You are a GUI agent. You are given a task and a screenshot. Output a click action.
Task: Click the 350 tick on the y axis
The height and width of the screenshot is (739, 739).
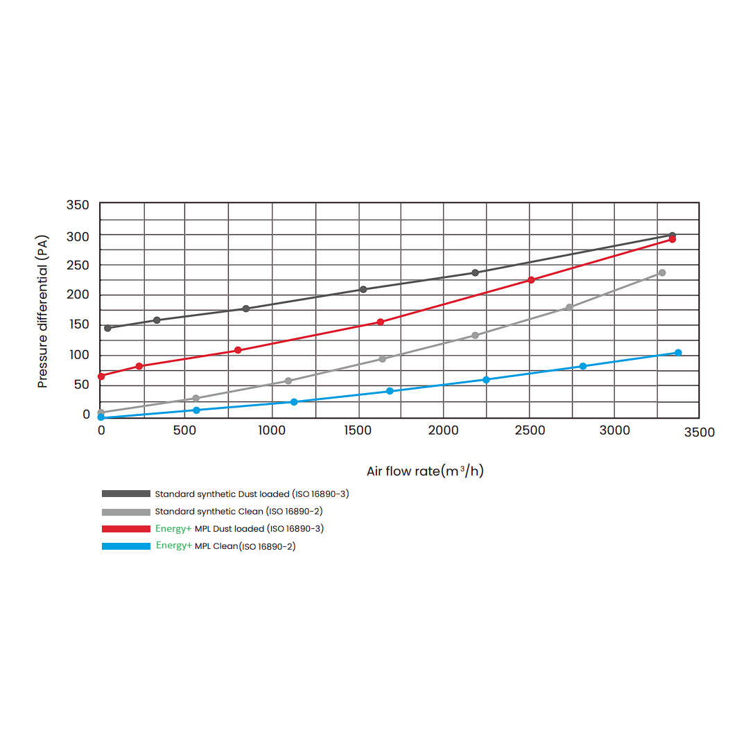tap(78, 205)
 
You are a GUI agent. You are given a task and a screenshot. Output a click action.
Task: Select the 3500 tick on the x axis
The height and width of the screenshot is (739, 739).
tap(699, 433)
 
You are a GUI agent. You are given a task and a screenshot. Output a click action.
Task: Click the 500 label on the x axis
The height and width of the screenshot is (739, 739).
tap(184, 431)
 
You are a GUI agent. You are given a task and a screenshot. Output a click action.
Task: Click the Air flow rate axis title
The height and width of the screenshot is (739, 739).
tap(425, 471)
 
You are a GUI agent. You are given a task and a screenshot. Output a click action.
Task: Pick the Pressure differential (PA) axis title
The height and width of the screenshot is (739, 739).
tap(43, 311)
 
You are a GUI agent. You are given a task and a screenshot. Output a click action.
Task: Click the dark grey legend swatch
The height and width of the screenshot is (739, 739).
tap(125, 494)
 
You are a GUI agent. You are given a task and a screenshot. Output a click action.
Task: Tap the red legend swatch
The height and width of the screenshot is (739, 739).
tap(125, 529)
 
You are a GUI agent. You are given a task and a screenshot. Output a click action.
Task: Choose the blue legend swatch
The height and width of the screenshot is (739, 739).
tap(125, 546)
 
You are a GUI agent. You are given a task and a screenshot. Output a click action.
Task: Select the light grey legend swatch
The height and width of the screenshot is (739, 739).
tap(125, 512)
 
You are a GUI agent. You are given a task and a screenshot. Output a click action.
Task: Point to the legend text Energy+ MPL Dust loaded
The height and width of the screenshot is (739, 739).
tap(239, 529)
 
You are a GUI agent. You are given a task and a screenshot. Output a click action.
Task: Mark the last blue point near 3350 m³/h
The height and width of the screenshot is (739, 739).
tap(678, 353)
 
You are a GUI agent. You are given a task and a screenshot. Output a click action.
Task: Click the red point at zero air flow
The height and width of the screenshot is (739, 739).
tap(101, 376)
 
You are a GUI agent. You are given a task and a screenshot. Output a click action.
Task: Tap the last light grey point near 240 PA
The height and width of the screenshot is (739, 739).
tap(662, 273)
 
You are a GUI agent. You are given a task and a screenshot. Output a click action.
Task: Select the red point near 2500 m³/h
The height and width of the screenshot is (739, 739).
tap(531, 280)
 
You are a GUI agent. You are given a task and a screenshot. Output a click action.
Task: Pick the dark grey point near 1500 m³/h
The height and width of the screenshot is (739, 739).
tap(363, 290)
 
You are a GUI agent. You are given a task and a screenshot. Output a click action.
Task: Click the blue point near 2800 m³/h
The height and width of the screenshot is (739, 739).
tap(582, 366)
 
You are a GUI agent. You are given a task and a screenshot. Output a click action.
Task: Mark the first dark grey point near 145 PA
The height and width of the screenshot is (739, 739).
tap(107, 328)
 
